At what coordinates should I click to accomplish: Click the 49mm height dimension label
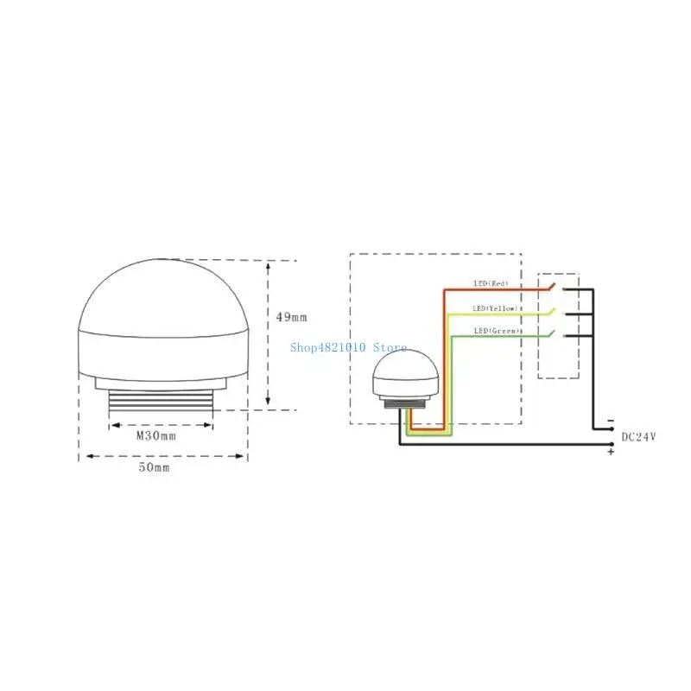(x=291, y=317)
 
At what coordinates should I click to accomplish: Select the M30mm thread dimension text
(x=156, y=435)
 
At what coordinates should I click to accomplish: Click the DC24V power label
(x=639, y=437)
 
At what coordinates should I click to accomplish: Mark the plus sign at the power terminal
(x=611, y=451)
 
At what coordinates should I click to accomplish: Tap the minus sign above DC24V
(x=611, y=421)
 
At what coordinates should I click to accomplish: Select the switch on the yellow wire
(x=554, y=312)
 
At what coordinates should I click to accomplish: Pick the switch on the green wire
(x=554, y=335)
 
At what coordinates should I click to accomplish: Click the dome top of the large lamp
(x=163, y=294)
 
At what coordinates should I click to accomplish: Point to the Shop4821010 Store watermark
(x=348, y=347)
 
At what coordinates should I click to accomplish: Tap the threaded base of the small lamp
(x=402, y=403)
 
